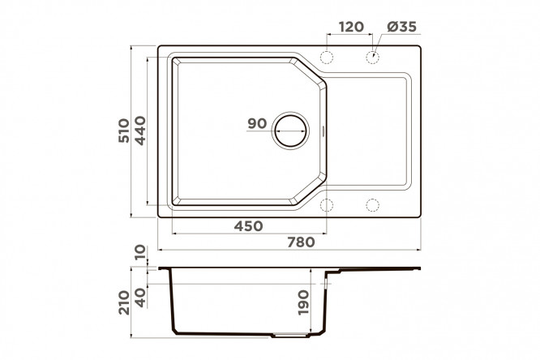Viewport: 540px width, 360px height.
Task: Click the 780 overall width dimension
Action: pyautogui.click(x=301, y=242)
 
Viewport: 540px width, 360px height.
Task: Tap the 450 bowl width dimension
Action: pyautogui.click(x=248, y=226)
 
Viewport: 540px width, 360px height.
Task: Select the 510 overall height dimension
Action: pyautogui.click(x=124, y=131)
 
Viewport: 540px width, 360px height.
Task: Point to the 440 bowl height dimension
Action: pyautogui.click(x=140, y=131)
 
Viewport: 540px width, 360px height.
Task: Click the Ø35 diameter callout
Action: pyautogui.click(x=402, y=27)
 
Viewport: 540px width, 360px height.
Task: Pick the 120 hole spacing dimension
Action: pyautogui.click(x=351, y=27)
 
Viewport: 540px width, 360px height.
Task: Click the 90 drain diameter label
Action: pyautogui.click(x=257, y=124)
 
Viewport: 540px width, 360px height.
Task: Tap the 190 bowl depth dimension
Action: pyautogui.click(x=303, y=302)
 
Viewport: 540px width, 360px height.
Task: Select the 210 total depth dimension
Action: pyautogui.click(x=124, y=302)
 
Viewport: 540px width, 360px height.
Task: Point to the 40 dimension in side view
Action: pyautogui.click(x=140, y=298)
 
